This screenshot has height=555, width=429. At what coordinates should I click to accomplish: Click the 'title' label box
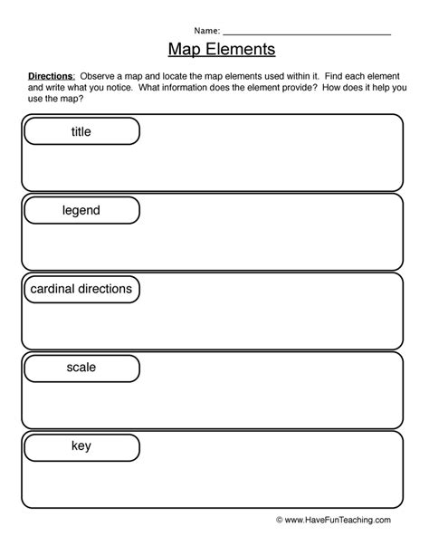click(81, 132)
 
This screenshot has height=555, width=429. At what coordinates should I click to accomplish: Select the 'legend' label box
click(81, 211)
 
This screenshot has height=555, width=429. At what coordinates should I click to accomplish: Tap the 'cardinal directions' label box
click(81, 290)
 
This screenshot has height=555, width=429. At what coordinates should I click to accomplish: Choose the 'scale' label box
click(81, 368)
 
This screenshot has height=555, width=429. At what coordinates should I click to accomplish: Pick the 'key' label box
click(81, 446)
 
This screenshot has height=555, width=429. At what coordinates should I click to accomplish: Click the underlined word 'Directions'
click(50, 79)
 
